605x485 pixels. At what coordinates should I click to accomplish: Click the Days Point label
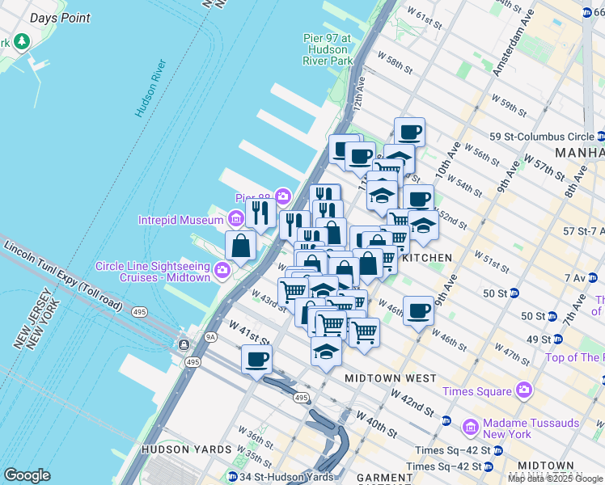[60, 18]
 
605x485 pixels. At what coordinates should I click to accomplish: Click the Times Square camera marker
[524, 391]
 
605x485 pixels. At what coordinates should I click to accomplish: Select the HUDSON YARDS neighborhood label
[186, 449]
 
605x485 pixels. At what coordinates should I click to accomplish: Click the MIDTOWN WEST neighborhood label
[390, 378]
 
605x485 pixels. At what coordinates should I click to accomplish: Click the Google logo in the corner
[27, 475]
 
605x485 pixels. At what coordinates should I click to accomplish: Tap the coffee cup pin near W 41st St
[256, 358]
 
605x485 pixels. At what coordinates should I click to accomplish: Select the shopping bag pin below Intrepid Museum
[241, 246]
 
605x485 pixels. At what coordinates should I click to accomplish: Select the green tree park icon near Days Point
[21, 41]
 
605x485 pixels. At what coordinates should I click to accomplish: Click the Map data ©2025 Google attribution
[554, 479]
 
